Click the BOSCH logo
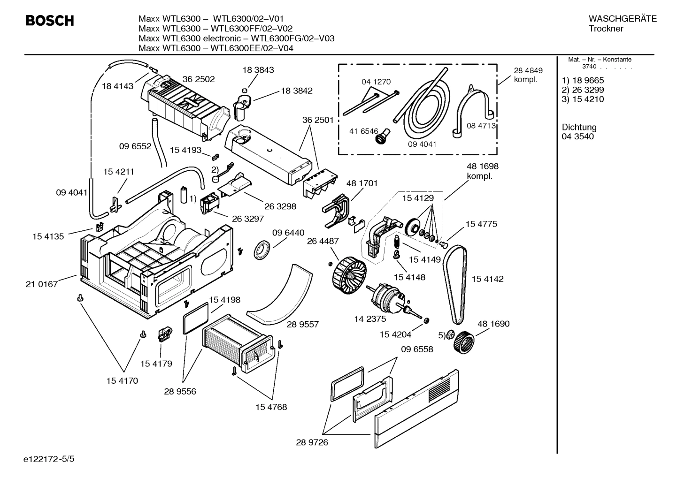pyautogui.click(x=49, y=21)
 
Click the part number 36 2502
pyautogui.click(x=198, y=79)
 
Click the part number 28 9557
pyautogui.click(x=303, y=324)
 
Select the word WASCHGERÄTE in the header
pyautogui.click(x=622, y=19)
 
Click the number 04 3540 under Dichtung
pyautogui.click(x=577, y=137)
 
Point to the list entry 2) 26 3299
pyautogui.click(x=583, y=90)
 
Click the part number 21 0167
pyautogui.click(x=42, y=284)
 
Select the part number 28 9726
pyautogui.click(x=312, y=442)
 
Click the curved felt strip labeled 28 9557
pyautogui.click(x=282, y=296)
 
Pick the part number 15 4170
pyautogui.click(x=122, y=380)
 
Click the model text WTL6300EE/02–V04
pyautogui.click(x=252, y=48)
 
